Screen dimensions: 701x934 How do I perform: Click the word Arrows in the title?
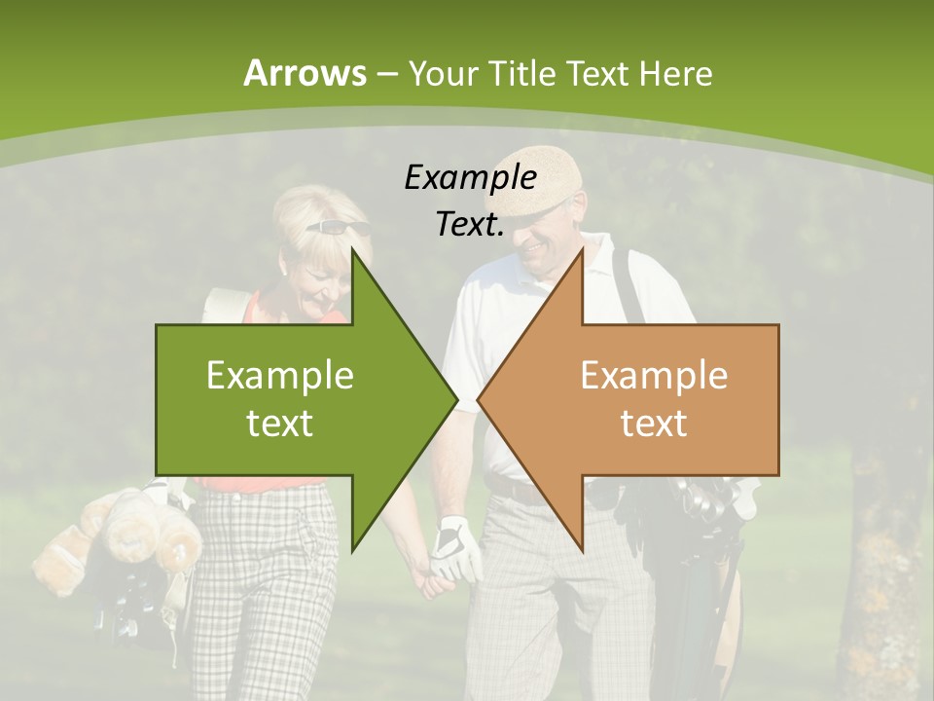coord(305,73)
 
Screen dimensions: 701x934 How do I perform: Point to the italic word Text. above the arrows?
coord(470,224)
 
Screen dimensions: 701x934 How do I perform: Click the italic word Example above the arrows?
coord(470,177)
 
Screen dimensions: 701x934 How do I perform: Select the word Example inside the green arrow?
coord(280,375)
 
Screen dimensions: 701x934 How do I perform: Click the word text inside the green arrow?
coord(280,423)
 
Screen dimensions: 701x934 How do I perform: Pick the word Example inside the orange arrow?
coord(654,375)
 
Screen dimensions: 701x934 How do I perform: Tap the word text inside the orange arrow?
coord(654,423)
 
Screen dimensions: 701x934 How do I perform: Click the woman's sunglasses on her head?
coord(338,228)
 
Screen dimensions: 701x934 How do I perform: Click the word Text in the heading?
coord(597,73)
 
